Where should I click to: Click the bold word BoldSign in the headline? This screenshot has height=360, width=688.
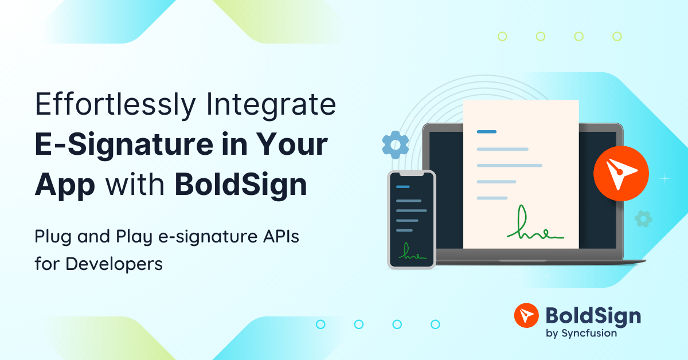pyautogui.click(x=240, y=185)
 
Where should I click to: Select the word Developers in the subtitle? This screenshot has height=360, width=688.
pyautogui.click(x=114, y=264)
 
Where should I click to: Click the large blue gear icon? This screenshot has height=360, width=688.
pyautogui.click(x=395, y=144)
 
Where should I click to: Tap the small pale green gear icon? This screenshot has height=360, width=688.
pyautogui.click(x=643, y=218)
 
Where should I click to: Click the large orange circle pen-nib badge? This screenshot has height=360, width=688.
pyautogui.click(x=621, y=173)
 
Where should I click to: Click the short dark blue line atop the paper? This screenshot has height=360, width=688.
pyautogui.click(x=486, y=132)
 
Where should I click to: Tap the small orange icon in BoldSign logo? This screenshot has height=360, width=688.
pyautogui.click(x=526, y=316)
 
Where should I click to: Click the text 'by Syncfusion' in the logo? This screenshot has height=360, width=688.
pyautogui.click(x=582, y=333)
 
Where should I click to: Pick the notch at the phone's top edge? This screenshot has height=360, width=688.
pyautogui.click(x=411, y=173)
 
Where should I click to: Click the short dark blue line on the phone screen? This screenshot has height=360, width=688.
pyautogui.click(x=403, y=187)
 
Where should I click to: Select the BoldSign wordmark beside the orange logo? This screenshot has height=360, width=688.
pyautogui.click(x=593, y=315)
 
